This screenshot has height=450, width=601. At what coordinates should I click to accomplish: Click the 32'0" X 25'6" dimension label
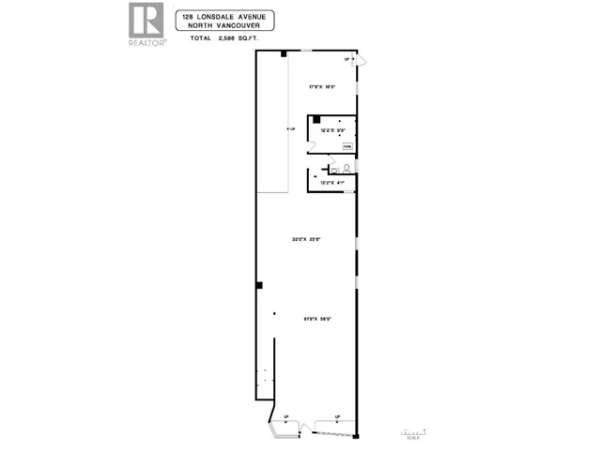pyautogui.click(x=307, y=240)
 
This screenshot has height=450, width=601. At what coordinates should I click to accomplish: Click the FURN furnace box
pyautogui.click(x=347, y=145)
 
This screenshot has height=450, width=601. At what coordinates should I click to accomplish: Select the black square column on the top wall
pyautogui.click(x=283, y=53)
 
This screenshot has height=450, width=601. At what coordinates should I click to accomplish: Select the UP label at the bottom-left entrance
pyautogui.click(x=285, y=417)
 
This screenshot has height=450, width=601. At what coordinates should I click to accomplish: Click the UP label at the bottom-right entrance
pyautogui.click(x=336, y=417)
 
